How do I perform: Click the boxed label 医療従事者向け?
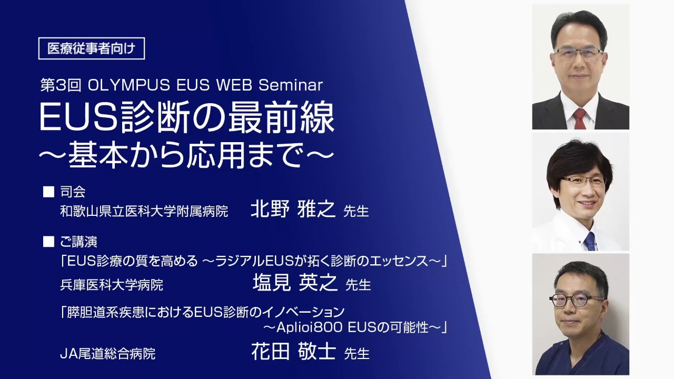92,48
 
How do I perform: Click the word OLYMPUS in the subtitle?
129,85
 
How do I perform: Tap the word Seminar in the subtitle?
291,85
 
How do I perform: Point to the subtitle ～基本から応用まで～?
186,155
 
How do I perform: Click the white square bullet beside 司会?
48,192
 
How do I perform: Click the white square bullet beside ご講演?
48,242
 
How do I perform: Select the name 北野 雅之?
293,208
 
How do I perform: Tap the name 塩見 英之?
295,283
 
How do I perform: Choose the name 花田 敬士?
293,351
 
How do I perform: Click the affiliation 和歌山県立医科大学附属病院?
144,211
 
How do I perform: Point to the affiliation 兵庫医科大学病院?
112,285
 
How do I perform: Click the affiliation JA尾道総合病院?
108,354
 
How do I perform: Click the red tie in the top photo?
580,118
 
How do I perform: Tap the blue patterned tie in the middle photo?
590,241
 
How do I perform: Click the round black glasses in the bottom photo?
577,300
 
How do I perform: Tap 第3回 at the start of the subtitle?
61,85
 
